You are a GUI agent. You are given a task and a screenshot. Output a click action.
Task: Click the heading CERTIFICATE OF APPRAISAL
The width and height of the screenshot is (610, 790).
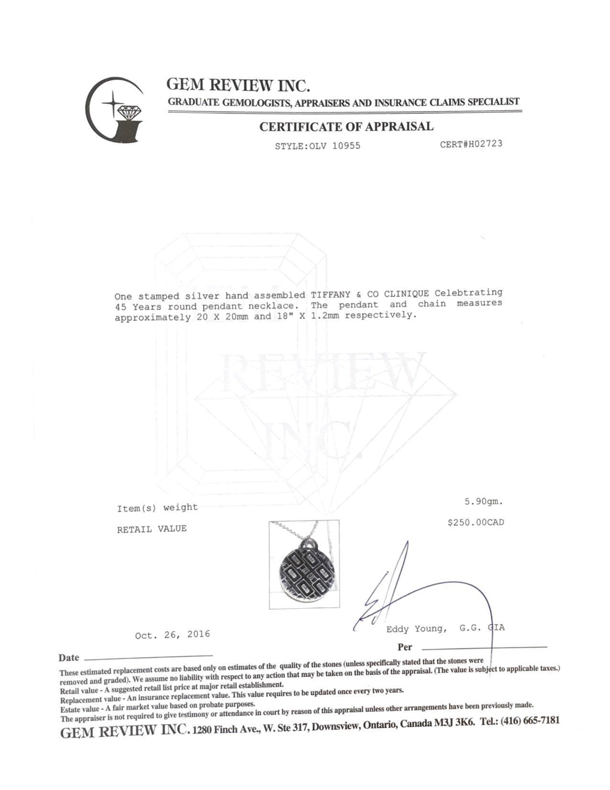point(346,127)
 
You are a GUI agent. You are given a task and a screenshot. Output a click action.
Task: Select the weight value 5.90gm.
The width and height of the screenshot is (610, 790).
point(483,502)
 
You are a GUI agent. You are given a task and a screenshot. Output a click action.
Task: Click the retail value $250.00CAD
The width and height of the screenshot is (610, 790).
point(476,522)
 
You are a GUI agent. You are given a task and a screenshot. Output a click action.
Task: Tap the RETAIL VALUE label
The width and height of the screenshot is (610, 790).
point(152,529)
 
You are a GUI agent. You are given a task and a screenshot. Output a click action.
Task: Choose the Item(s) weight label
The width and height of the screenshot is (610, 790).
point(157,508)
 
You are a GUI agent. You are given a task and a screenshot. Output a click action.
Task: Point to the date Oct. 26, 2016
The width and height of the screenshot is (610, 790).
point(172,635)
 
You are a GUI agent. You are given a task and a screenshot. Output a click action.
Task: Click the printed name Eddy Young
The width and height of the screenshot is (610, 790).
point(415,629)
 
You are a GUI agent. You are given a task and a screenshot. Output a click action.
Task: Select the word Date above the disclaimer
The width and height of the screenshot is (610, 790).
point(68,658)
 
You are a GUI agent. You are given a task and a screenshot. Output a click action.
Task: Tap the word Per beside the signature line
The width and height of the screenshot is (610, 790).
point(405,647)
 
